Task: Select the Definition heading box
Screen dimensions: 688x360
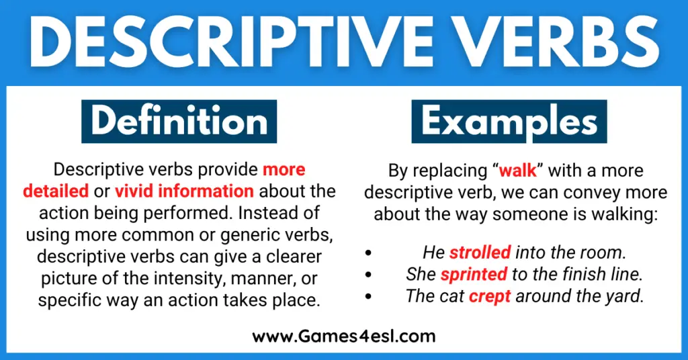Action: click(x=179, y=122)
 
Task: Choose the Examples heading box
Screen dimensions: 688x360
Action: click(x=509, y=122)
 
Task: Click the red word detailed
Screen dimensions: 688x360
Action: click(x=56, y=191)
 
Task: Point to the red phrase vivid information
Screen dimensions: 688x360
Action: click(x=184, y=191)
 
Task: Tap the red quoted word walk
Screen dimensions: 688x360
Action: click(x=518, y=170)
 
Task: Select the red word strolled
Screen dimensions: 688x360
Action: click(x=480, y=252)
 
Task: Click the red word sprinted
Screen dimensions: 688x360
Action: click(x=474, y=274)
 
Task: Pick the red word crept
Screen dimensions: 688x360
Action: click(x=490, y=296)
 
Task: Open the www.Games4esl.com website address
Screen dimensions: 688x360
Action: click(x=344, y=336)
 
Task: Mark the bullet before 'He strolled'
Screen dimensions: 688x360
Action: click(x=368, y=253)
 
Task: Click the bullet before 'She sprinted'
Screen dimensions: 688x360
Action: click(x=368, y=275)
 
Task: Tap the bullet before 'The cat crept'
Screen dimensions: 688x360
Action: click(x=368, y=297)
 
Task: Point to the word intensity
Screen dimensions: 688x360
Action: click(x=189, y=279)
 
